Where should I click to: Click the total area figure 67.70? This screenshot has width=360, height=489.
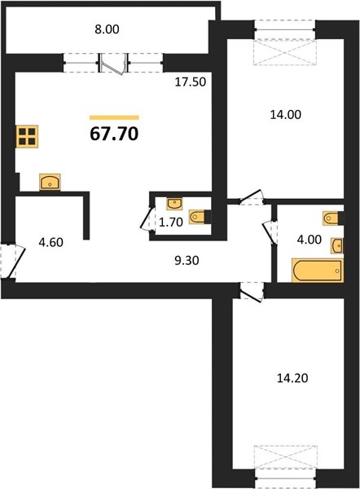point(114,134)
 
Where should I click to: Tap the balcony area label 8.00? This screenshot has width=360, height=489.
point(107,29)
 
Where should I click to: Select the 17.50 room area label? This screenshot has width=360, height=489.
point(190,82)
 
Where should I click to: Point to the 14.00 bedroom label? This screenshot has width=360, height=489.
point(286,115)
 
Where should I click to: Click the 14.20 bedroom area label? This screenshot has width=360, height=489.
point(292,378)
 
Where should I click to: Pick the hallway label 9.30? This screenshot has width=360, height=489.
point(187,261)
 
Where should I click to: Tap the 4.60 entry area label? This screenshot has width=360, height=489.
point(50,242)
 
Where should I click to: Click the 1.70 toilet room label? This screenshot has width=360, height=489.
point(170,222)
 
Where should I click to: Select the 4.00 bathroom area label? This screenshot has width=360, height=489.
point(309,240)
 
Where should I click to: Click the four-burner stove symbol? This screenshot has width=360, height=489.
point(27,136)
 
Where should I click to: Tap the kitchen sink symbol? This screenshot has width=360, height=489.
point(50,182)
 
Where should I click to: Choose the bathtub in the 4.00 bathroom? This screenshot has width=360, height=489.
point(318,270)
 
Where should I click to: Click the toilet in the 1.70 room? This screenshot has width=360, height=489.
point(200,217)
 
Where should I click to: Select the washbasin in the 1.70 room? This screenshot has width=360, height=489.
point(175,204)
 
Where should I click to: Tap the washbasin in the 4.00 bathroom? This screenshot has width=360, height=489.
point(337,246)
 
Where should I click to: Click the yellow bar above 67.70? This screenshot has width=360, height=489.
point(114,117)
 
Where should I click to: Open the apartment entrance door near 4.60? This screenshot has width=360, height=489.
point(12,262)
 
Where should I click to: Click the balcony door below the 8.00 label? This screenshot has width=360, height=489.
point(113,64)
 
